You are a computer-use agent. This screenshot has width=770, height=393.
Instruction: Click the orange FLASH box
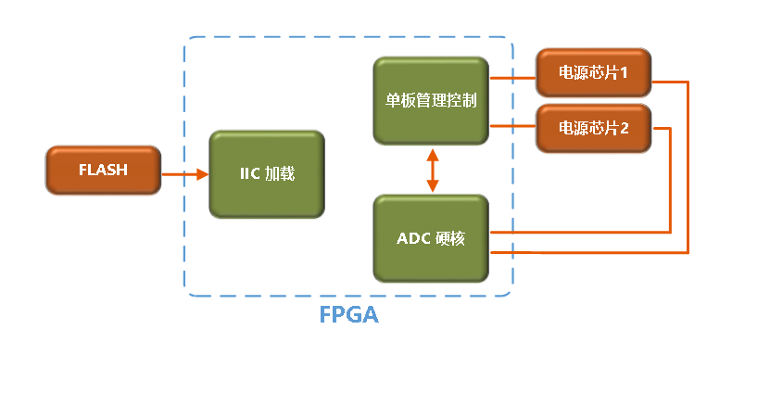pyautogui.click(x=102, y=171)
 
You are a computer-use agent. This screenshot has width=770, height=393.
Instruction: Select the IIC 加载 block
pyautogui.click(x=267, y=174)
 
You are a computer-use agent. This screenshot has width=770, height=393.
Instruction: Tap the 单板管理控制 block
pyautogui.click(x=431, y=100)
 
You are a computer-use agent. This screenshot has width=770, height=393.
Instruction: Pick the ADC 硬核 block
pyautogui.click(x=431, y=238)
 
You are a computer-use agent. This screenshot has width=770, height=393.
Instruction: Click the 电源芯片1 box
pyautogui.click(x=593, y=73)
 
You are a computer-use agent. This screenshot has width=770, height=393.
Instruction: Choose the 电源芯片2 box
pyautogui.click(x=593, y=129)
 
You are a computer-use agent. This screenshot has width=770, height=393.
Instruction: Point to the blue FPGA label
pyautogui.click(x=348, y=314)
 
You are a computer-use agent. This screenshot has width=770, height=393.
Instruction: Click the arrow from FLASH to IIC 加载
pyautogui.click(x=185, y=173)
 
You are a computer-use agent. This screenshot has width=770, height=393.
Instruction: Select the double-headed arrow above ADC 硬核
pyautogui.click(x=432, y=170)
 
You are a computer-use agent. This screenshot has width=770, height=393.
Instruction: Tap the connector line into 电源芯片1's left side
pyautogui.click(x=512, y=78)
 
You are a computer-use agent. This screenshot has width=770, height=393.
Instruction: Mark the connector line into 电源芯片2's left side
pyautogui.click(x=512, y=125)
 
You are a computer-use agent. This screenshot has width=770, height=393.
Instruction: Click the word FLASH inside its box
pyautogui.click(x=102, y=171)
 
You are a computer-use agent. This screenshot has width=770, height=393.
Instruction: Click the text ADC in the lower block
pyautogui.click(x=413, y=238)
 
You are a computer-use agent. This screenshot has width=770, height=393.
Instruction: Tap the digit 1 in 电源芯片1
pyautogui.click(x=625, y=73)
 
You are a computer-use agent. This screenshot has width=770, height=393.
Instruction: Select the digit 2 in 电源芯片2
pyautogui.click(x=625, y=129)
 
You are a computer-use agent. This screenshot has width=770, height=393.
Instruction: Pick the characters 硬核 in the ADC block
pyautogui.click(x=450, y=238)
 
